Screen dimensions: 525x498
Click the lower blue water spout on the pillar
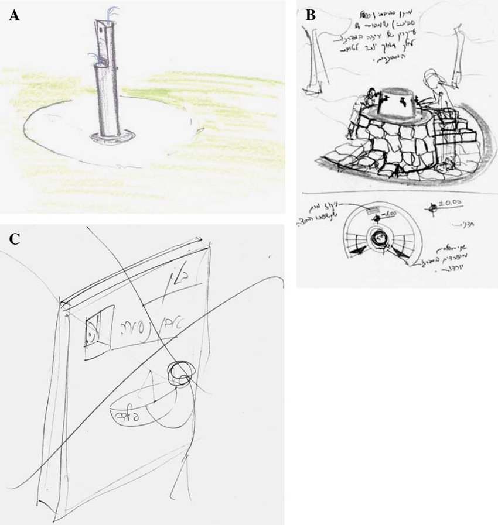[93, 55]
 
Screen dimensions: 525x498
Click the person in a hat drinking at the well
[437, 88]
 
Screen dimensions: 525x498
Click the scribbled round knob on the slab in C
[179, 373]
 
